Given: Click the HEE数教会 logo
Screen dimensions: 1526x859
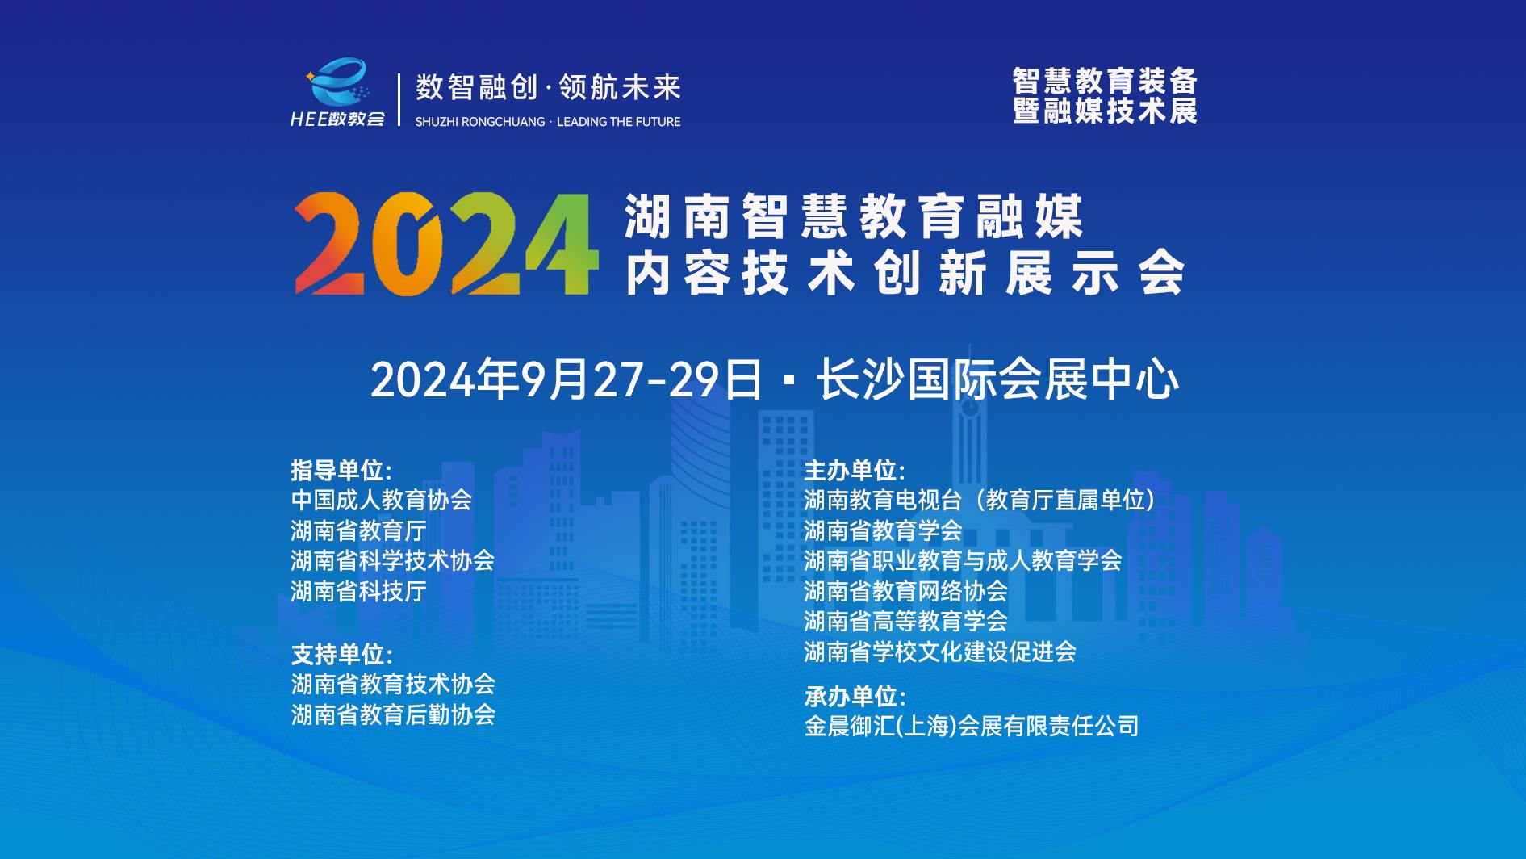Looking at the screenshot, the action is pyautogui.click(x=338, y=93).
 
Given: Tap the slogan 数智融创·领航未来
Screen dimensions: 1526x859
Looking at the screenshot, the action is pyautogui.click(x=548, y=87).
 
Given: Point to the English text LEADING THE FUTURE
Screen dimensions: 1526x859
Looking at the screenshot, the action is pyautogui.click(x=618, y=122).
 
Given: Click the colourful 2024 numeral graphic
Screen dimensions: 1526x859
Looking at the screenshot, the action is pyautogui.click(x=447, y=244).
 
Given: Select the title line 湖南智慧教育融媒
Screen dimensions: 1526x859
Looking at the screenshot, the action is pyautogui.click(x=853, y=216).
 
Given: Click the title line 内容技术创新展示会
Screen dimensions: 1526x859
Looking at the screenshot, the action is pyautogui.click(x=905, y=274).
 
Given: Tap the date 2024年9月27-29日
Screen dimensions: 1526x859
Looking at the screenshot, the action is pyautogui.click(x=566, y=379).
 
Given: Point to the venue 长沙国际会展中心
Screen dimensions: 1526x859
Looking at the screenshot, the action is pyautogui.click(x=998, y=379).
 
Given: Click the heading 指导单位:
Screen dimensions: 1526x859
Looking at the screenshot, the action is pyautogui.click(x=341, y=470).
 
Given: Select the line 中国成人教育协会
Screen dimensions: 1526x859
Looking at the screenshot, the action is pyautogui.click(x=381, y=500).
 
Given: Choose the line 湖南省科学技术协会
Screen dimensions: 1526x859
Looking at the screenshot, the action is pyautogui.click(x=392, y=560).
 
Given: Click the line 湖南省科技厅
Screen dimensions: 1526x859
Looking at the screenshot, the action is pyautogui.click(x=358, y=591).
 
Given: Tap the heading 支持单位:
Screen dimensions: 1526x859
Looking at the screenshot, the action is pyautogui.click(x=341, y=654).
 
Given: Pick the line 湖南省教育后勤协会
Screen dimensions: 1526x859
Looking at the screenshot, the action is pyautogui.click(x=392, y=714).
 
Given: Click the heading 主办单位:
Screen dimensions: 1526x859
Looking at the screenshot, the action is pyautogui.click(x=855, y=470).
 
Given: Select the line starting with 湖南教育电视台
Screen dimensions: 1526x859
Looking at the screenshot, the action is pyautogui.click(x=980, y=500).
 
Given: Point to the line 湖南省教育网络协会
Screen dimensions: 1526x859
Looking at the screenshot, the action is pyautogui.click(x=905, y=591).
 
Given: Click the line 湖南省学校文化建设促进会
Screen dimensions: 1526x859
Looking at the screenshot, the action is pyautogui.click(x=939, y=652).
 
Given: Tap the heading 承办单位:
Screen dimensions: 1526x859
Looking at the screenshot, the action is pyautogui.click(x=855, y=696).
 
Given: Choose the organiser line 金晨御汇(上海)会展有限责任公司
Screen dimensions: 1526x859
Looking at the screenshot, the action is pyautogui.click(x=972, y=726).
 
